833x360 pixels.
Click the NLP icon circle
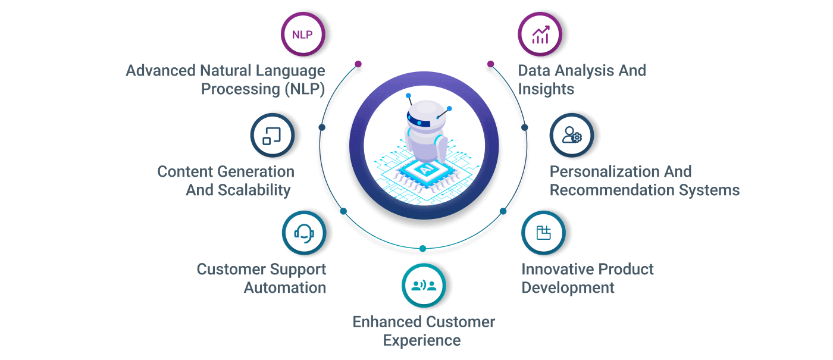tap(302, 35)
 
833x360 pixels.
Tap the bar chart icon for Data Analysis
tap(540, 35)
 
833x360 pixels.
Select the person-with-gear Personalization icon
tap(571, 136)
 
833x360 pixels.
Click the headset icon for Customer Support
tap(304, 233)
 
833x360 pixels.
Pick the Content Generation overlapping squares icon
tap(272, 136)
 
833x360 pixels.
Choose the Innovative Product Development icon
tap(543, 233)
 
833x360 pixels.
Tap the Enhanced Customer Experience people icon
tap(424, 286)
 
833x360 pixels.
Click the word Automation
tap(285, 288)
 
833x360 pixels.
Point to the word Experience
tap(422, 341)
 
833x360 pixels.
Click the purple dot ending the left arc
tap(358, 64)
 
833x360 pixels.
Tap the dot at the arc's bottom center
tap(423, 248)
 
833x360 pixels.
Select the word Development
tap(568, 288)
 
